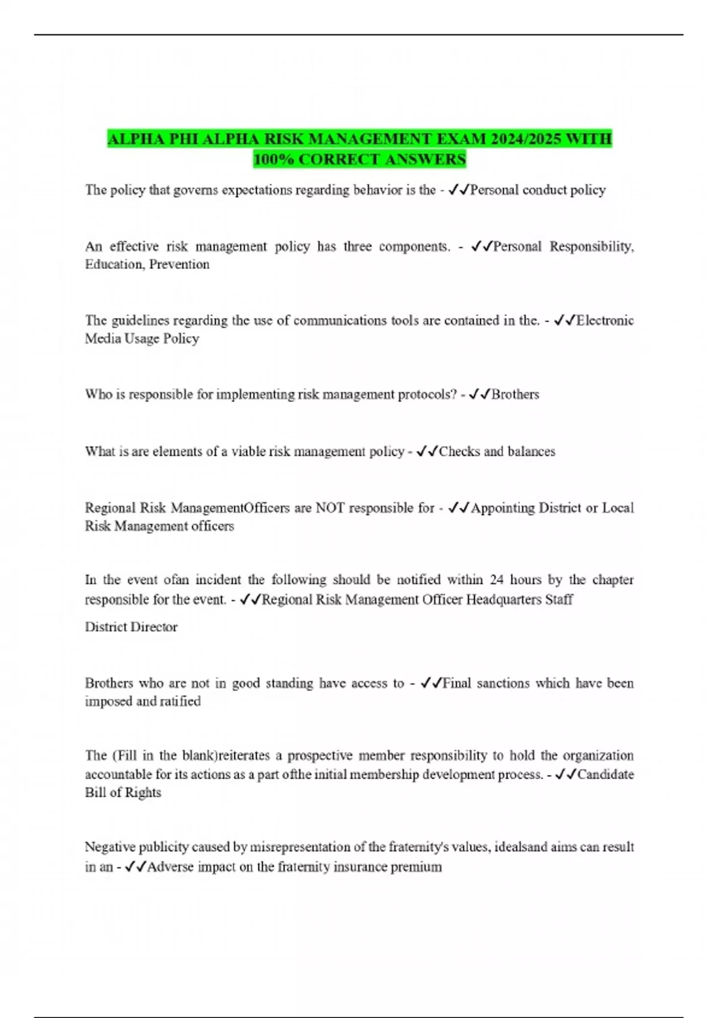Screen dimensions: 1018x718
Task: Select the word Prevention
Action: (x=180, y=265)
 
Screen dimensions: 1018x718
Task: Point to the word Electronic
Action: (x=604, y=320)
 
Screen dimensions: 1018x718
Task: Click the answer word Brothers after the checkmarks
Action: (x=515, y=395)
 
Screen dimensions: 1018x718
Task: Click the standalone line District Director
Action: (x=131, y=627)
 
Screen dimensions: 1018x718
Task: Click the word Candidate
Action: (x=606, y=774)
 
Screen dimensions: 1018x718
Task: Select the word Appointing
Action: (x=503, y=508)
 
